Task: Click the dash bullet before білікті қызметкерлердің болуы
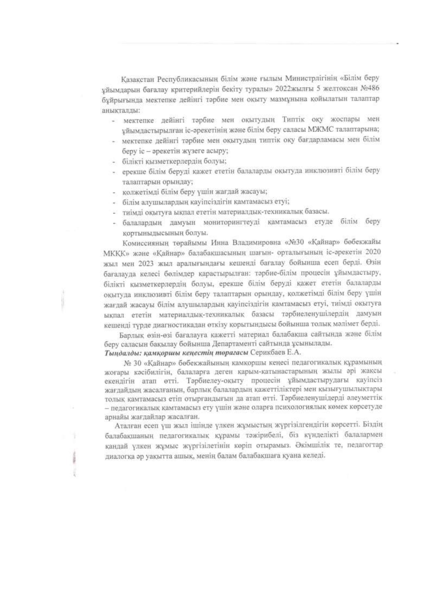[114, 161]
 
